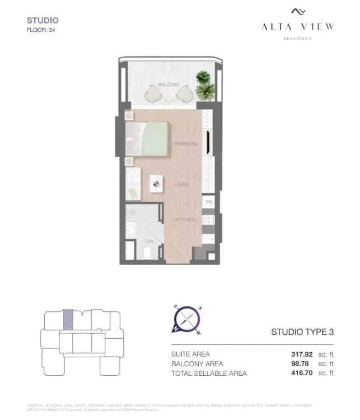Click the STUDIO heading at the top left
point(43,21)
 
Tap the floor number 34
point(52,30)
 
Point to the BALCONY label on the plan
point(169,85)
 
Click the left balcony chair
point(153,95)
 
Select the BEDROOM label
point(185,144)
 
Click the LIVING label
point(181,184)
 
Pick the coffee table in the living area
point(156,184)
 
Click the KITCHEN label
point(185,220)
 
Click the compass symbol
point(188,320)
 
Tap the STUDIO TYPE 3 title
point(302,332)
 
